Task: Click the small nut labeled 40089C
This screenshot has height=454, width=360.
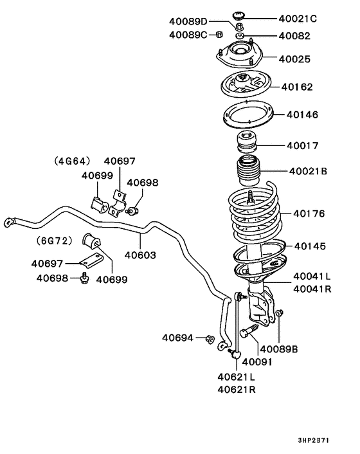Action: (x=219, y=35)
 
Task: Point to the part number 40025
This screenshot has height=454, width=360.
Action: (x=294, y=59)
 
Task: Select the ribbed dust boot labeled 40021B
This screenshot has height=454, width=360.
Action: (x=246, y=173)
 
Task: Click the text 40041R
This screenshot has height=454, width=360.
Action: (x=312, y=289)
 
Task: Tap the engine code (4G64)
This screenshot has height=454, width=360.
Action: (x=73, y=161)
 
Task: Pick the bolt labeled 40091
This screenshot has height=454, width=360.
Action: (x=249, y=332)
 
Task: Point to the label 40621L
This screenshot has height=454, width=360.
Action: (x=236, y=377)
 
